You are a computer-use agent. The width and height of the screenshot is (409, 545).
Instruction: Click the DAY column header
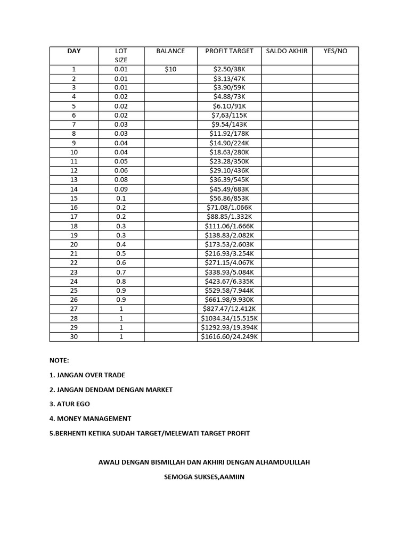click(74, 51)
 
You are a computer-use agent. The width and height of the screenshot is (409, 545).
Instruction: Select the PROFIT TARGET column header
click(229, 51)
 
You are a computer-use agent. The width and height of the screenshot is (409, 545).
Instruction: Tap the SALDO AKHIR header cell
click(287, 51)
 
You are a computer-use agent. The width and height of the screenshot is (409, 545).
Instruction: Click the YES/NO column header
click(336, 51)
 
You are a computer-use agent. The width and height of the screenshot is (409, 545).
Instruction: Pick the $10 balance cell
click(170, 69)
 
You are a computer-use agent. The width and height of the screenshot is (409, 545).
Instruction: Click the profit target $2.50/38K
click(229, 69)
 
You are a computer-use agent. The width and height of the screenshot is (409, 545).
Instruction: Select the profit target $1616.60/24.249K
click(229, 337)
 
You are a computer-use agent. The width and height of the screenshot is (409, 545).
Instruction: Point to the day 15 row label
click(74, 198)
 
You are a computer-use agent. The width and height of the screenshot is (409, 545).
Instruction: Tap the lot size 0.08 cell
click(121, 180)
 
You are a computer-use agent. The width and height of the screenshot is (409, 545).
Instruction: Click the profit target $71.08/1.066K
click(229, 208)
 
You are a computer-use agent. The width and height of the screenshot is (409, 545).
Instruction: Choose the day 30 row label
click(74, 337)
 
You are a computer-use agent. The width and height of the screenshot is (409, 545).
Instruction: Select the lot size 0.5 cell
click(121, 254)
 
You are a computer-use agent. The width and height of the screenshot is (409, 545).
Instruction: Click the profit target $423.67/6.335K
click(229, 282)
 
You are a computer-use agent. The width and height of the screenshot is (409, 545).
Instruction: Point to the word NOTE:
click(59, 360)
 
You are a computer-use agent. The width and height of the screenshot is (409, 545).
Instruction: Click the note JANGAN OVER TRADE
click(87, 375)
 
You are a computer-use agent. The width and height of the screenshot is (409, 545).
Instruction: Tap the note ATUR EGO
click(70, 404)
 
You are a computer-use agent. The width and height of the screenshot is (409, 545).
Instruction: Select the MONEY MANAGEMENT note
click(90, 419)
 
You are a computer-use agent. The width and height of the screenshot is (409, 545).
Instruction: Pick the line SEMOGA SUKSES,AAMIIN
click(204, 477)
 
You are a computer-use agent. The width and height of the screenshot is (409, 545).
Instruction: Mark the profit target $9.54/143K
click(229, 125)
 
